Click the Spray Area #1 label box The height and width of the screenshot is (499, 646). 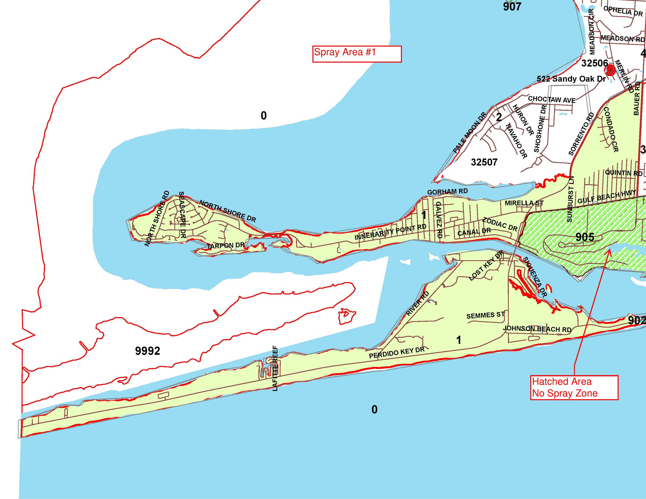(x=357, y=54)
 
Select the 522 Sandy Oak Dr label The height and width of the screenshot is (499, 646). (x=571, y=79)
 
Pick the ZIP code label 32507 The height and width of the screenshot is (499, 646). (x=484, y=162)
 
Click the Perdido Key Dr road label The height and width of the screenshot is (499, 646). (x=396, y=353)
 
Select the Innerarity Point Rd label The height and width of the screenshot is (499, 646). (x=391, y=232)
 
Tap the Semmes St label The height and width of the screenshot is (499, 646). (x=485, y=315)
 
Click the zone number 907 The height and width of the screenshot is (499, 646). (x=512, y=6)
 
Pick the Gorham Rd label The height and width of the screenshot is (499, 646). (x=448, y=192)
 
